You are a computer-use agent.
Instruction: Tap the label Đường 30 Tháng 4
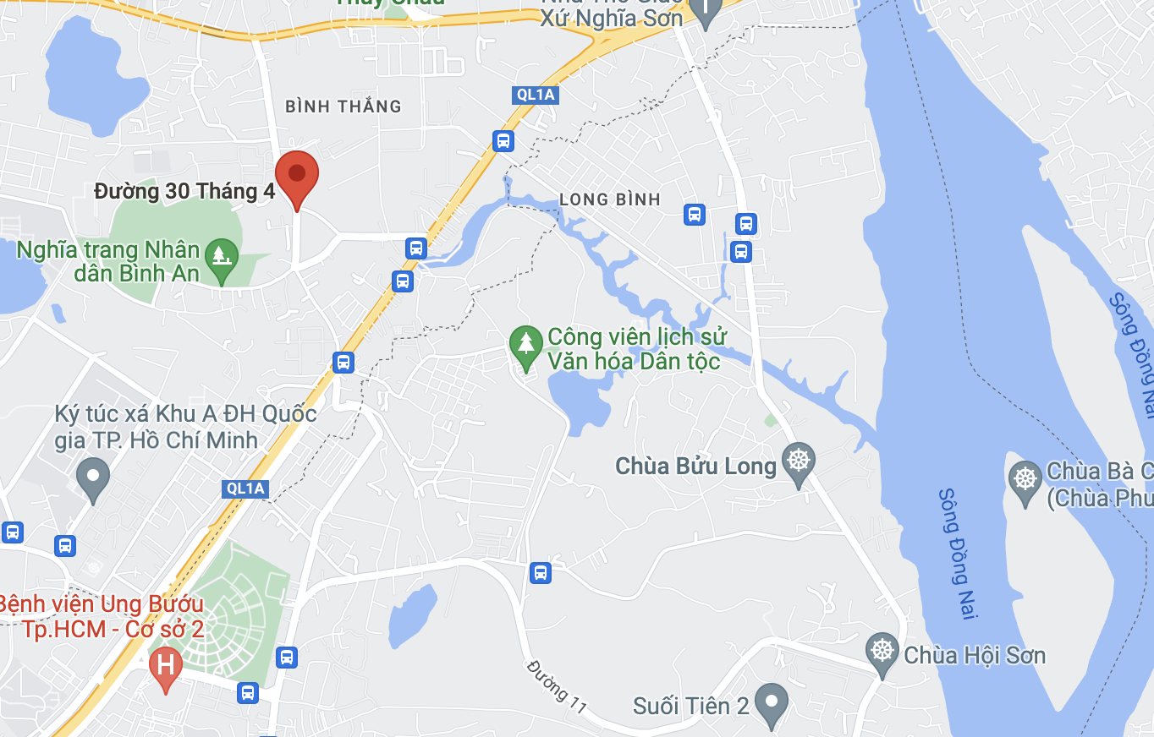point(184,192)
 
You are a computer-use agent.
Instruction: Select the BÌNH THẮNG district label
point(343,106)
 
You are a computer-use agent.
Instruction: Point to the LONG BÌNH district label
point(609,199)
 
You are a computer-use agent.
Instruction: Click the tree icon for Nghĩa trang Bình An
point(222,254)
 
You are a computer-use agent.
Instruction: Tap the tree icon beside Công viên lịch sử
point(526,343)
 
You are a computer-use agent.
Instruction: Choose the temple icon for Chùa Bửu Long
point(798,461)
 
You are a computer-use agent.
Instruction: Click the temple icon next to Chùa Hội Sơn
point(882,651)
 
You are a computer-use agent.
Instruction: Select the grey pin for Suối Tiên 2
point(771,702)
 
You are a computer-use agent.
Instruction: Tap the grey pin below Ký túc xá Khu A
point(93,477)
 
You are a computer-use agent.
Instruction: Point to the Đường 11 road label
point(557,686)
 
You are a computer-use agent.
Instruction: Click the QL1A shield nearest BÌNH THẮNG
point(536,95)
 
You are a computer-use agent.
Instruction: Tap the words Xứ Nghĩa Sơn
point(611,19)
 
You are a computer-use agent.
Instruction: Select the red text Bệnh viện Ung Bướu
point(102,605)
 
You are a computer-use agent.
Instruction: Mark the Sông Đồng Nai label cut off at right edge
point(1133,355)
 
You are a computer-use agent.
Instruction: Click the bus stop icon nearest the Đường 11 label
point(541,573)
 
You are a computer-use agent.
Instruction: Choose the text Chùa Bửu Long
point(695,467)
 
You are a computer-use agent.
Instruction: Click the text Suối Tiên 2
point(691,706)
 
